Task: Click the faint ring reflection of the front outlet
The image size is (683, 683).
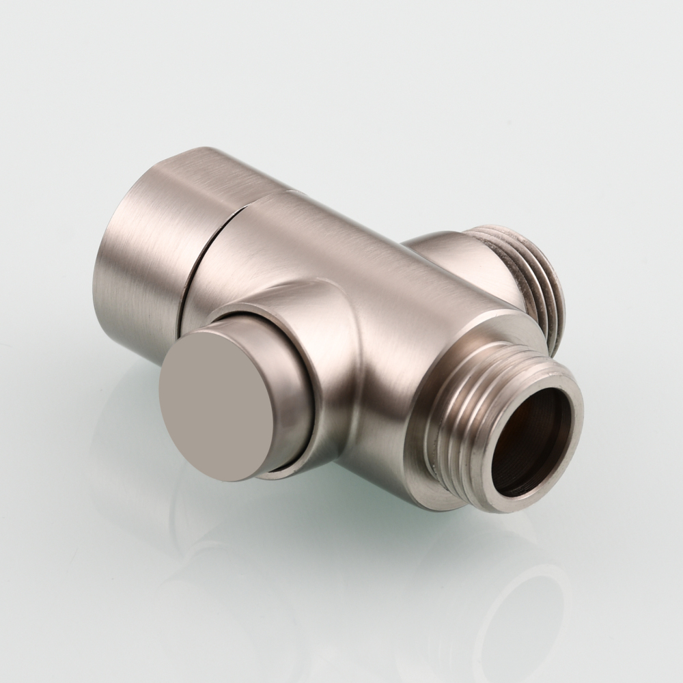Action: tap(519, 601)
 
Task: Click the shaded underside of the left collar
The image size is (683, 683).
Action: tap(130, 335)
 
